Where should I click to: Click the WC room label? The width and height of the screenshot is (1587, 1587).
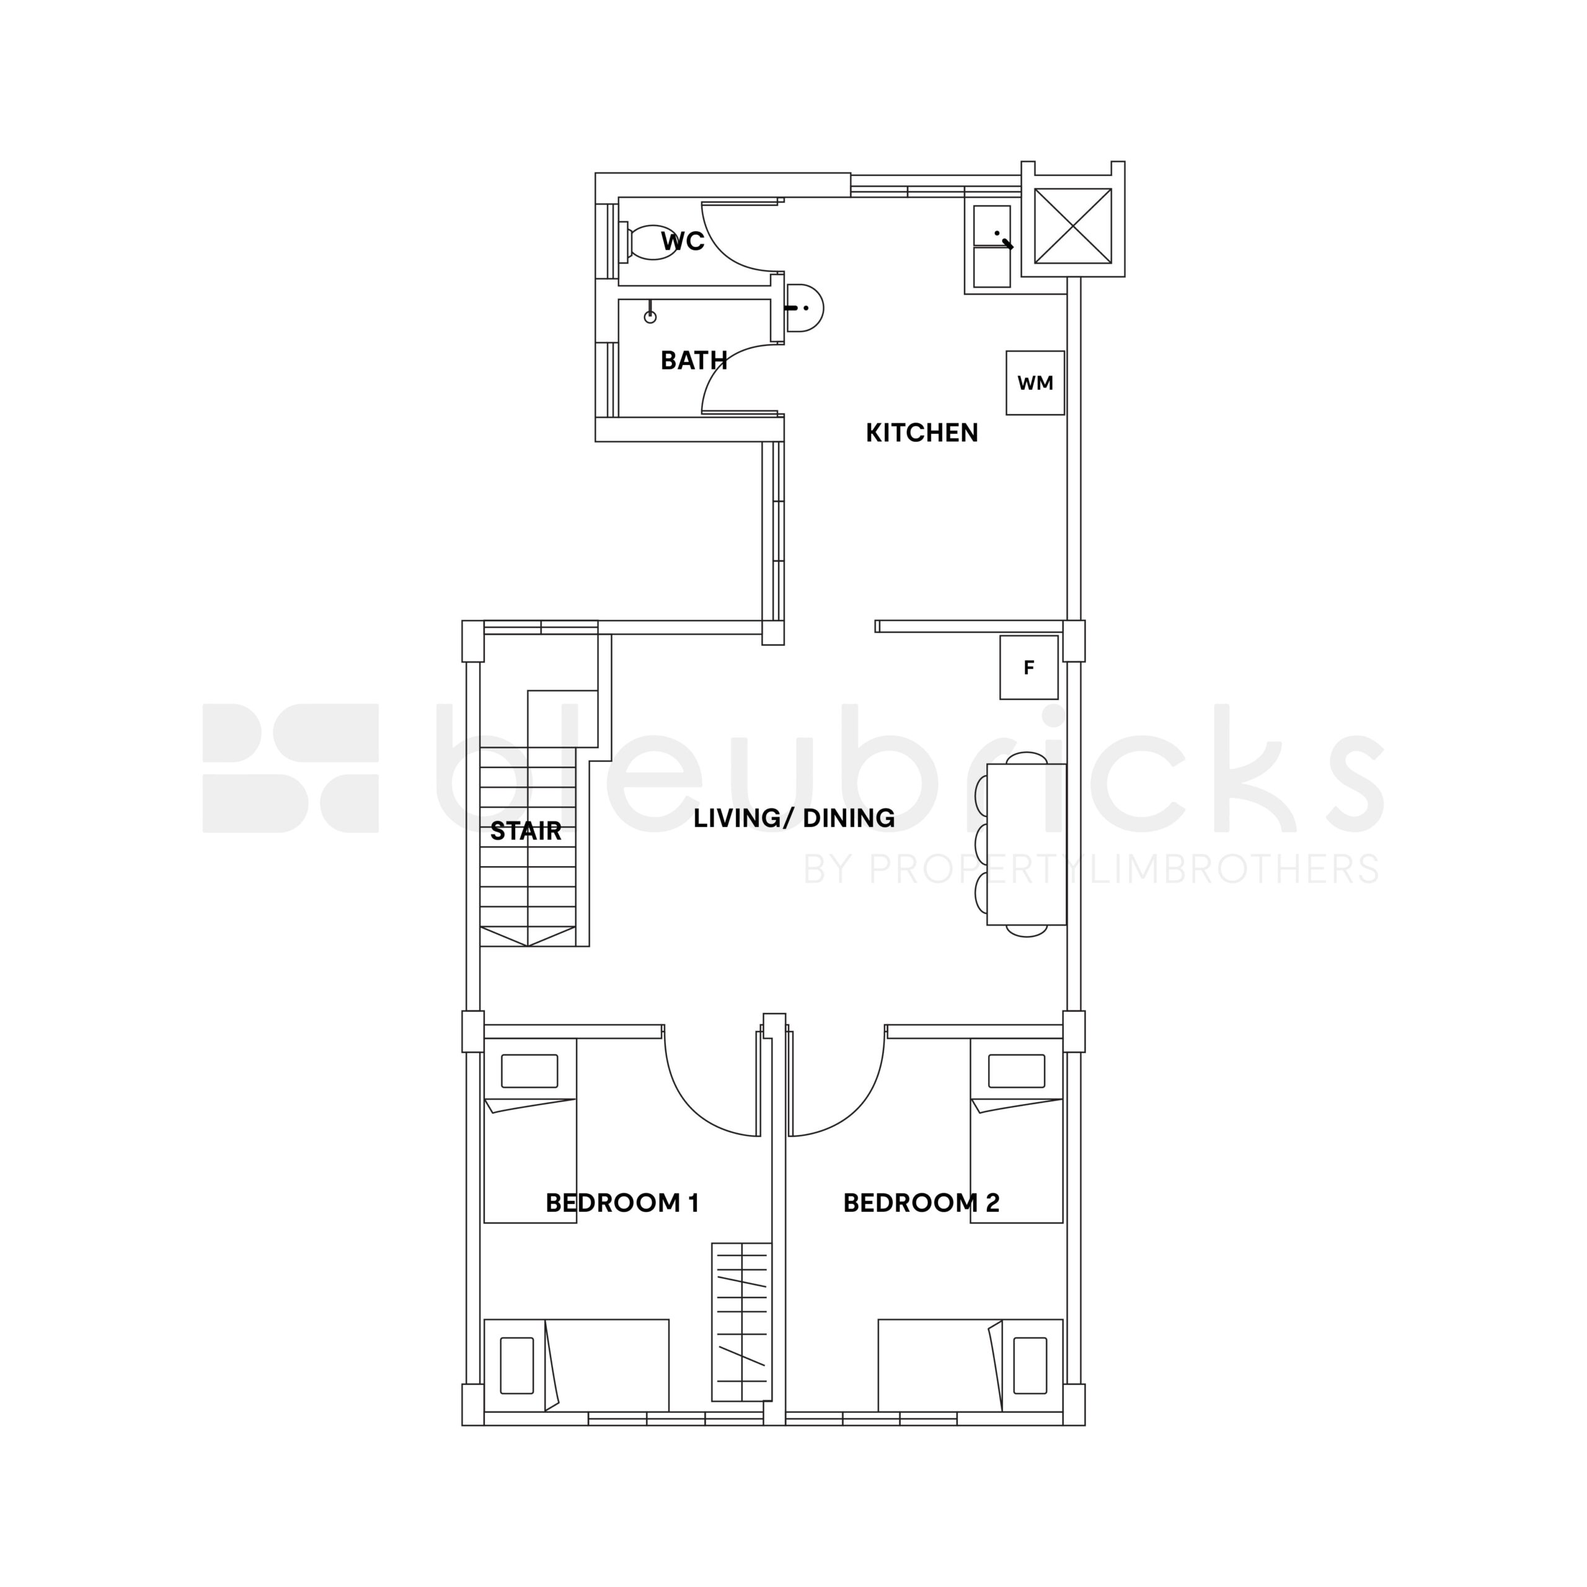683,242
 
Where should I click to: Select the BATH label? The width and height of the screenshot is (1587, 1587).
694,361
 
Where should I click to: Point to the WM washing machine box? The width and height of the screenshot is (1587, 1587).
1035,382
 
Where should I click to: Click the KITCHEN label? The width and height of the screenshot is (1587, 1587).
922,433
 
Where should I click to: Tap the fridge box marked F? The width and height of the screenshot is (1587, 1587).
1028,668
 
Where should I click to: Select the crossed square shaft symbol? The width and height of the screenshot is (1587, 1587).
1073,226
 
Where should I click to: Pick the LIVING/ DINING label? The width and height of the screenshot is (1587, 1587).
794,818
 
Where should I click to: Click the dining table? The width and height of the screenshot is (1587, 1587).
1026,844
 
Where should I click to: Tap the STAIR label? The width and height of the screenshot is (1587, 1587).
526,831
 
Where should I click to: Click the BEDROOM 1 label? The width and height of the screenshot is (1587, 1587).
622,1203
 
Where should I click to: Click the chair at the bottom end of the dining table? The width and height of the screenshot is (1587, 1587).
1026,931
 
